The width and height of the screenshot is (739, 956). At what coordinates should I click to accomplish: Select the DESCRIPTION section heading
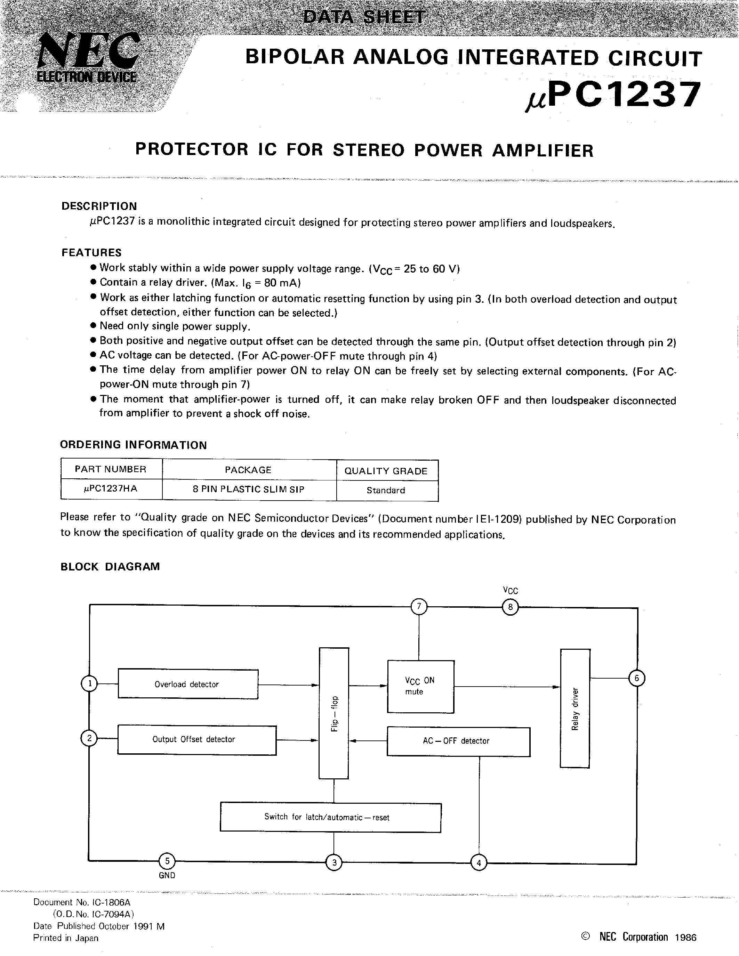tap(99, 206)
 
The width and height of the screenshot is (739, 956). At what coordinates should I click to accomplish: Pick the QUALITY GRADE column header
tap(386, 471)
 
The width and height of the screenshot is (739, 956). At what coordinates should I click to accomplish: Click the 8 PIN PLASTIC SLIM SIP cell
tap(248, 489)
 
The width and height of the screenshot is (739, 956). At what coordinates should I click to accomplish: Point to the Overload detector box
tap(188, 684)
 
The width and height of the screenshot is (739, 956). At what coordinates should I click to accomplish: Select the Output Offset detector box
tap(196, 740)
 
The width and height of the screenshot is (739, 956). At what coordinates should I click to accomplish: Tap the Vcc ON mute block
tap(420, 686)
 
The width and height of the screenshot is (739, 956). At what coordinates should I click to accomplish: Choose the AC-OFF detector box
tap(458, 742)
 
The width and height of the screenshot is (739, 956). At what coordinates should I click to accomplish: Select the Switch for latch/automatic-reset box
tap(330, 817)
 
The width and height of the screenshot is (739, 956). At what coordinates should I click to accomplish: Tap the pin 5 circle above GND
tap(167, 861)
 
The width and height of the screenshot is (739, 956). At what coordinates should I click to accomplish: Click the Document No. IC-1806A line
tap(82, 902)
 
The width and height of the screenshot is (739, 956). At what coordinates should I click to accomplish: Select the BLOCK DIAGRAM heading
tap(110, 566)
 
